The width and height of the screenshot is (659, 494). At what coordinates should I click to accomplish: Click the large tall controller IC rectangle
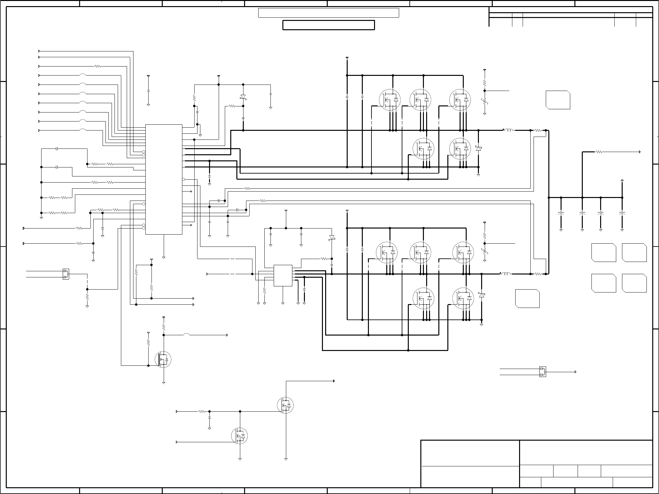164,179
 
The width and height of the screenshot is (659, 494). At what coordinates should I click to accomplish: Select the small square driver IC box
283,275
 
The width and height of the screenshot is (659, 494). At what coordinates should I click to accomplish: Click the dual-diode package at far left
66,274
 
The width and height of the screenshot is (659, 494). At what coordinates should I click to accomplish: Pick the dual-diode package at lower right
543,372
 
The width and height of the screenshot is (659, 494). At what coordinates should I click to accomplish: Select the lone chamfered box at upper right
558,100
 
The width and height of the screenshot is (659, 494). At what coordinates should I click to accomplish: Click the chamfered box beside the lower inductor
527,299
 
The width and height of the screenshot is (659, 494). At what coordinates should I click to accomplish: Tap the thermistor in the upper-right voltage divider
485,103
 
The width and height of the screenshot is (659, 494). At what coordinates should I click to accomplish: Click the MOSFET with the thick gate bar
163,360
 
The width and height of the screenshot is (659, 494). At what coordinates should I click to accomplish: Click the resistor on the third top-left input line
98,66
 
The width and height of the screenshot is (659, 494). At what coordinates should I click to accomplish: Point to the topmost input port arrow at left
39,51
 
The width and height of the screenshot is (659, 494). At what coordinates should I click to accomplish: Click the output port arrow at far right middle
640,152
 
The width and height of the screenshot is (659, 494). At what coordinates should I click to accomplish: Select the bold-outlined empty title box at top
328,25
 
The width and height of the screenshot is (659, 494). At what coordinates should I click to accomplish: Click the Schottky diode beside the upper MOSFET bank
478,148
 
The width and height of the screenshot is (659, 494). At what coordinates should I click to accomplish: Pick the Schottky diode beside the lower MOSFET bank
481,295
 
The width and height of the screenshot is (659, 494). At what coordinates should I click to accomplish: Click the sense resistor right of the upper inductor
538,130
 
